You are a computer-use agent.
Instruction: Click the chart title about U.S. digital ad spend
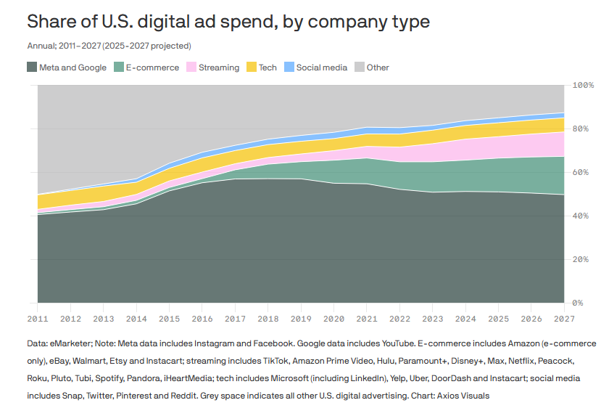(x=228, y=22)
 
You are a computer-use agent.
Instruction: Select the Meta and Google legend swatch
(x=32, y=68)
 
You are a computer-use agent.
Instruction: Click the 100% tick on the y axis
(x=584, y=86)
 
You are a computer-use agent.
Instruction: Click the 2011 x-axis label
(x=38, y=318)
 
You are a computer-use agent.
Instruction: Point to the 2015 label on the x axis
(x=169, y=318)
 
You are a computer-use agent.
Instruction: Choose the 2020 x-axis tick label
(x=333, y=318)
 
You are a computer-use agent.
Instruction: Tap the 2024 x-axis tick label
(x=465, y=318)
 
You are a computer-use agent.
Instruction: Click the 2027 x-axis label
(x=563, y=318)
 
